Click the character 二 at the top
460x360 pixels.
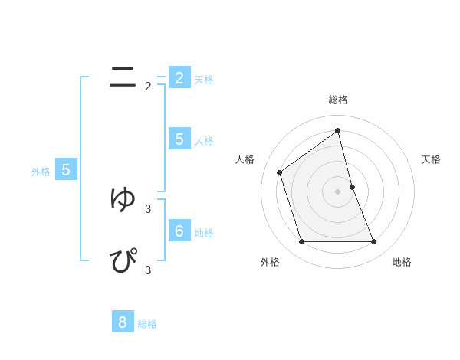click(123, 77)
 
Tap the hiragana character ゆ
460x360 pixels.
click(123, 198)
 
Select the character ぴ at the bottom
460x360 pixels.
click(123, 260)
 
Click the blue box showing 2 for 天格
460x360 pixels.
click(179, 78)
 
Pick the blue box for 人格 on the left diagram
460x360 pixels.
click(179, 139)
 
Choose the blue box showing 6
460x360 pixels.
click(179, 231)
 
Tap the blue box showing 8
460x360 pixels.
click(123, 322)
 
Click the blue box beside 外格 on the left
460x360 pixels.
click(66, 170)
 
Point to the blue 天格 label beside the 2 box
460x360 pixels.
click(204, 80)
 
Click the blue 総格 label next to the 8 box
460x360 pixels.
click(147, 324)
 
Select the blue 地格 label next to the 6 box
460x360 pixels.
click(204, 233)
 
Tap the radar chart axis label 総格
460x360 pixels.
click(338, 100)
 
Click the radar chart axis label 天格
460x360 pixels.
click(432, 159)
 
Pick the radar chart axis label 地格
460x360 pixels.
click(402, 262)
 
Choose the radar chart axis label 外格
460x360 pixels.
click(270, 262)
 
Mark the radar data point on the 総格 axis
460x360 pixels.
click(338, 129)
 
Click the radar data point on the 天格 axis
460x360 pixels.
click(352, 187)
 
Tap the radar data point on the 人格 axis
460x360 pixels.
click(279, 172)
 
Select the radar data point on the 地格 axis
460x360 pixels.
click(374, 242)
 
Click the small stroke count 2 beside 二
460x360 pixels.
click(148, 87)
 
